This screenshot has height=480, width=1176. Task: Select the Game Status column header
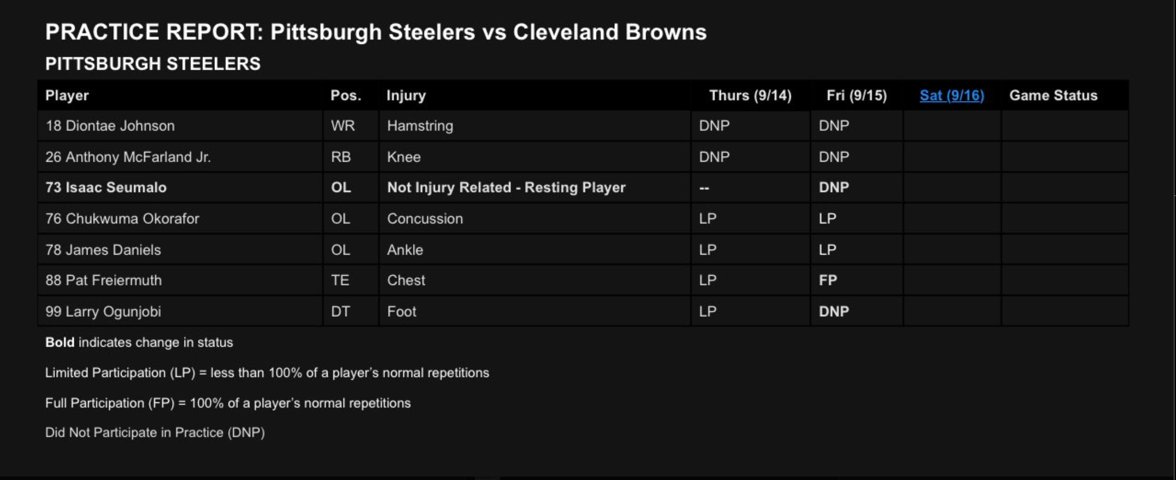(1053, 95)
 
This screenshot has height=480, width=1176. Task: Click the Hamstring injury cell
(420, 126)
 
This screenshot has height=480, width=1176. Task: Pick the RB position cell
(341, 157)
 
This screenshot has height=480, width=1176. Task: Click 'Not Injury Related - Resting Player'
(506, 188)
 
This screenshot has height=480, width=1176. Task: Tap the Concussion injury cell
(425, 219)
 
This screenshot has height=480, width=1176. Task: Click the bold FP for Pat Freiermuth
(828, 280)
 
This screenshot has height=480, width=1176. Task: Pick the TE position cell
(340, 280)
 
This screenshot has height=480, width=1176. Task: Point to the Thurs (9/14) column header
(750, 95)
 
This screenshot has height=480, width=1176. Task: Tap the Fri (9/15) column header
(856, 95)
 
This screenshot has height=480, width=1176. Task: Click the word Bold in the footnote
(60, 342)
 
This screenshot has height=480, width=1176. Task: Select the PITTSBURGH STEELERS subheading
(152, 64)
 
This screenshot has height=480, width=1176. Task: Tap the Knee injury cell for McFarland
(404, 157)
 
